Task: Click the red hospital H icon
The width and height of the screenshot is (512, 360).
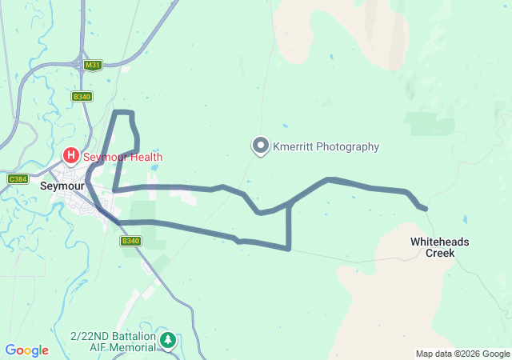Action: [70, 156]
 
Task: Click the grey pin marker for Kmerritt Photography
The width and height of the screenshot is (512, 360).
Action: [261, 146]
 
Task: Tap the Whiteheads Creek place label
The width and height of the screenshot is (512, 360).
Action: [440, 246]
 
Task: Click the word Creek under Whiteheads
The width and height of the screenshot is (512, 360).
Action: [440, 253]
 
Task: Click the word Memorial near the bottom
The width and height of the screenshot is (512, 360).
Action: [134, 347]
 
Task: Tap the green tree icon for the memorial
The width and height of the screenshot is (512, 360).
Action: [167, 342]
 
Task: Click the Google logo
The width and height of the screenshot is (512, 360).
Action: [26, 350]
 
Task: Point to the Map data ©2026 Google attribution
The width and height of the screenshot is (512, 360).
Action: [462, 354]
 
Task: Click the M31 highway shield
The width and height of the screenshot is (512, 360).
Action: [93, 65]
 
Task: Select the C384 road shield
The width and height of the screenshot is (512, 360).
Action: [18, 178]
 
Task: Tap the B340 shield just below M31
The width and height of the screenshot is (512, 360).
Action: [82, 96]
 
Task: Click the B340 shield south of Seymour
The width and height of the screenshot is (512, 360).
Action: [130, 241]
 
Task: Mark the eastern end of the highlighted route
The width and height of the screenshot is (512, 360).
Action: [425, 209]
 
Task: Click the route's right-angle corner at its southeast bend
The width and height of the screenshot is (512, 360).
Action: [288, 248]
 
